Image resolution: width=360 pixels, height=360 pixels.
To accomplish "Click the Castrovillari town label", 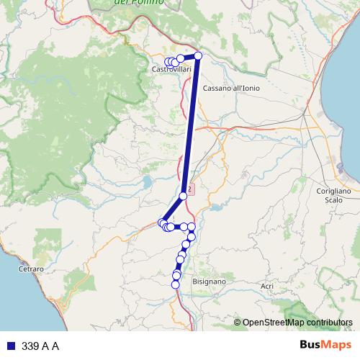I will pyautogui.click(x=171, y=69).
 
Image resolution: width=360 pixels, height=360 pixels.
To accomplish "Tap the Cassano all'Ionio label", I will pyautogui.click(x=231, y=88).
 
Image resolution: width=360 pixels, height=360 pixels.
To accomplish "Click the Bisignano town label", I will pyautogui.click(x=210, y=282).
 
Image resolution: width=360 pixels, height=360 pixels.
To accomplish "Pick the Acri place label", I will pyautogui.click(x=267, y=286).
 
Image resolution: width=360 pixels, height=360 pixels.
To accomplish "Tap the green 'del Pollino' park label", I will pyautogui.click(x=139, y=3).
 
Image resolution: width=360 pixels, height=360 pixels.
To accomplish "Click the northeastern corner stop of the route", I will pyautogui.click(x=198, y=55).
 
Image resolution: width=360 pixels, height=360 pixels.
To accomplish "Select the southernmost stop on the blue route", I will pyautogui.click(x=175, y=284).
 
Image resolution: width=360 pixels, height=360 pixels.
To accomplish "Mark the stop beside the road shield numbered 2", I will pyautogui.click(x=183, y=196).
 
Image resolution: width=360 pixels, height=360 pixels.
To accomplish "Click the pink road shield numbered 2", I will pyautogui.click(x=192, y=186).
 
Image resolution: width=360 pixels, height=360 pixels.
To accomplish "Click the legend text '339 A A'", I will pyautogui.click(x=40, y=346).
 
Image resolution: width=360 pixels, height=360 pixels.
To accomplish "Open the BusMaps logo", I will pyautogui.click(x=325, y=346).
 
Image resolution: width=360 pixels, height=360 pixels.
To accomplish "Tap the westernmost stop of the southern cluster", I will pyautogui.click(x=162, y=223).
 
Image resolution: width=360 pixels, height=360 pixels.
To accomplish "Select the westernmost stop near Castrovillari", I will pyautogui.click(x=168, y=62).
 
